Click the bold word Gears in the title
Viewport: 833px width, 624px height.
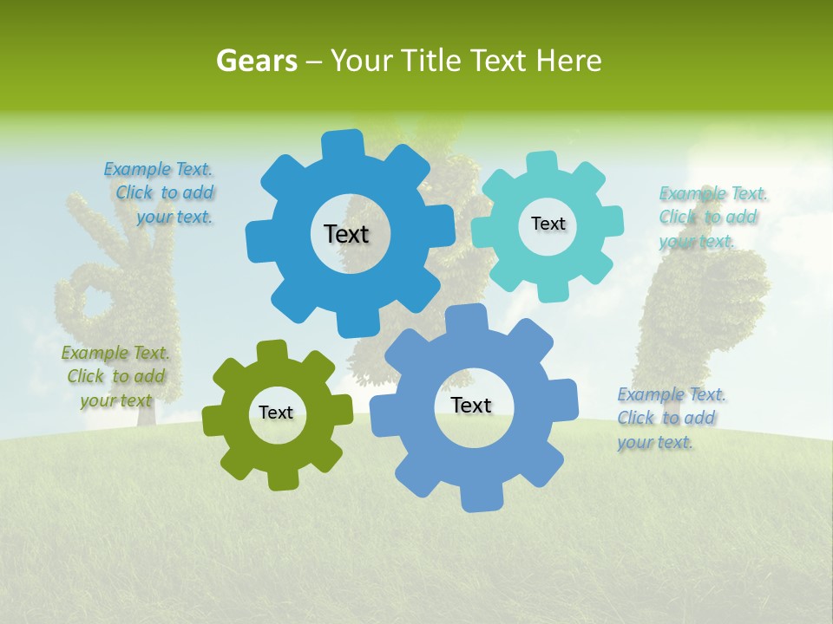point(256,61)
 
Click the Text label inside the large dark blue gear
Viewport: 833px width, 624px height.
point(346,234)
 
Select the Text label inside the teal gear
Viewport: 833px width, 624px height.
point(548,224)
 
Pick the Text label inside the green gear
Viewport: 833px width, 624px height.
point(276,413)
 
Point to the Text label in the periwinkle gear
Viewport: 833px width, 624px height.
point(471,405)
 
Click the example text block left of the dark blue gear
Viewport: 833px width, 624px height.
point(161,193)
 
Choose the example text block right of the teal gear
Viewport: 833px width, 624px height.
point(712,217)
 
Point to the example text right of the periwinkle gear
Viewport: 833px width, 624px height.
point(670,418)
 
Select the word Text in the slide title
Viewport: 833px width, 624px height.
point(498,61)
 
